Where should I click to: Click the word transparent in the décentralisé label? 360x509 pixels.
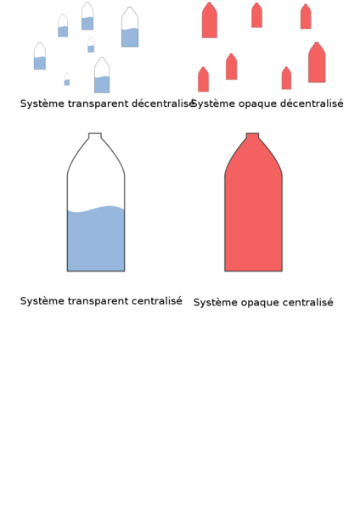pos(98,103)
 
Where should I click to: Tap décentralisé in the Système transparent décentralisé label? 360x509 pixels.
pos(163,103)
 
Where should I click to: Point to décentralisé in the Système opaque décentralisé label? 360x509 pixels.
pos(312,103)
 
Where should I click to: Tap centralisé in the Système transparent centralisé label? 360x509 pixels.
pos(157,300)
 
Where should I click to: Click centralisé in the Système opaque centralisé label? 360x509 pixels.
pos(307,302)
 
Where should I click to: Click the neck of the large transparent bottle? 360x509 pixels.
pos(95,136)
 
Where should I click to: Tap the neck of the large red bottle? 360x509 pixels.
pos(252,136)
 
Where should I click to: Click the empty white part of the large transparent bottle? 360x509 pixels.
pos(96,182)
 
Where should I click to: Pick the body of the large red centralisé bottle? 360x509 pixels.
pos(253,211)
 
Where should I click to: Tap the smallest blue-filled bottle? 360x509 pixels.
pos(67,79)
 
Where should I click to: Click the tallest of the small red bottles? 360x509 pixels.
pos(317,62)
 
